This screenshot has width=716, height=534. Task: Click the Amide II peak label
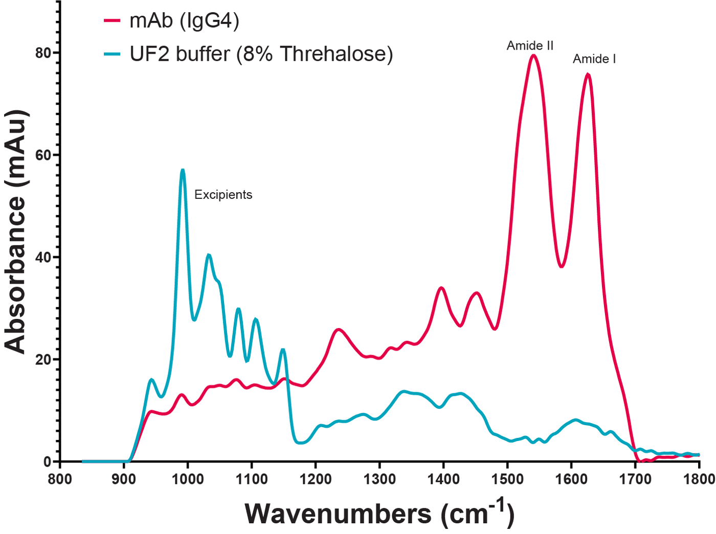[x=530, y=46]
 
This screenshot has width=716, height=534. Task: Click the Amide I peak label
[x=594, y=59]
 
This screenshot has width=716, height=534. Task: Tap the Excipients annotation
[x=223, y=195]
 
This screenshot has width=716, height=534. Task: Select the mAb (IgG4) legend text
[x=184, y=21]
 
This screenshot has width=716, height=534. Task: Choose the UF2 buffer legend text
[x=261, y=54]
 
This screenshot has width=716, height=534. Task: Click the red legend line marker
[x=112, y=21]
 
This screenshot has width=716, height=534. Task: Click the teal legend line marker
[x=112, y=54]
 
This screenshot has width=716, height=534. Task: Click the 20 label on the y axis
[x=43, y=359]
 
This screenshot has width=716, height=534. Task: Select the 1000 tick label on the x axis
[x=188, y=479]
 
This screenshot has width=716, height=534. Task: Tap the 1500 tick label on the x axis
[x=507, y=479]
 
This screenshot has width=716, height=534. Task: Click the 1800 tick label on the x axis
[x=699, y=479]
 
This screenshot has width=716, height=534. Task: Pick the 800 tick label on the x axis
[x=60, y=479]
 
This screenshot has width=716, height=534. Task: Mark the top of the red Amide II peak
[x=533, y=55]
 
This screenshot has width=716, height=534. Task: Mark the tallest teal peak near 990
[x=183, y=170]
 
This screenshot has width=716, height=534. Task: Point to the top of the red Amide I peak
[x=588, y=75]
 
